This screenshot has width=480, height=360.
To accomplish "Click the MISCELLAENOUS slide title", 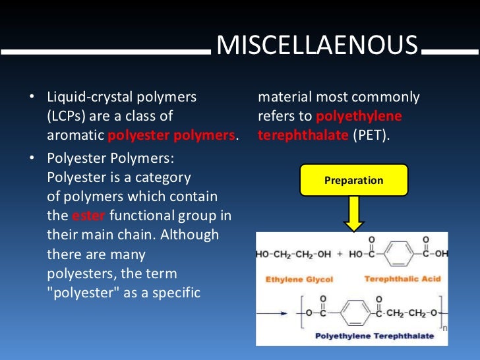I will point(317,45).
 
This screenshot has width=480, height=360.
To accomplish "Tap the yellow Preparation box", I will point(353,180).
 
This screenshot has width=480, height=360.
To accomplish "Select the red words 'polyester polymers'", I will point(171,136).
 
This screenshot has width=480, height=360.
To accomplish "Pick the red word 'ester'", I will point(89,215).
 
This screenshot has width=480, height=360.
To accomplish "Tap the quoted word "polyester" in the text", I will point(86,292).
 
